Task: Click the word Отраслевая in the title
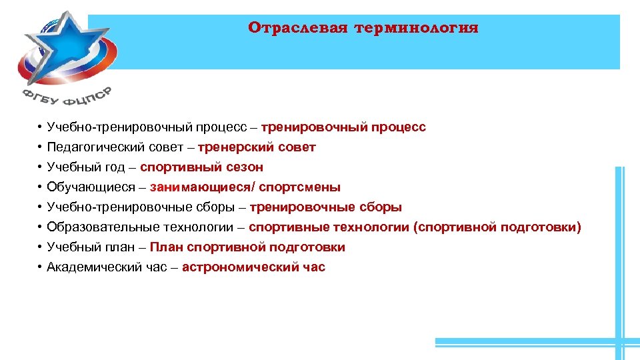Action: coord(298,28)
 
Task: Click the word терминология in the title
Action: coord(417,28)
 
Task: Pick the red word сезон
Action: coord(245,167)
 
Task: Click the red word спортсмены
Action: coord(299,187)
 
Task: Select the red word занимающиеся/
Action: coord(203,187)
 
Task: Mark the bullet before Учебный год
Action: coord(40,167)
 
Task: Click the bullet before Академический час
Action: coord(40,267)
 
